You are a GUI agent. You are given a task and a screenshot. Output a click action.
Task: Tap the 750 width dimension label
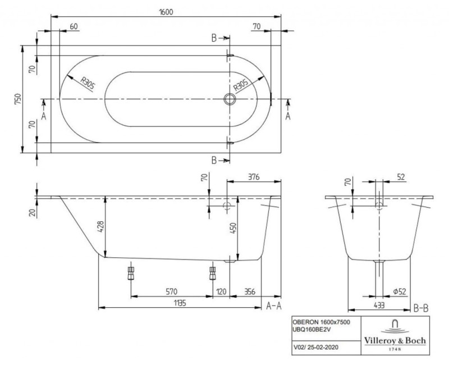[18, 99]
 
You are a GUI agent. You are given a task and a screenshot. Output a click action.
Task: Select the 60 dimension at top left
[74, 26]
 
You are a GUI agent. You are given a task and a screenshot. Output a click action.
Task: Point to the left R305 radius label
[87, 84]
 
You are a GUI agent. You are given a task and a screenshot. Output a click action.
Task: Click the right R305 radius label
[241, 85]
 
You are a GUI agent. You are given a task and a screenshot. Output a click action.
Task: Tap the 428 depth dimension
[100, 226]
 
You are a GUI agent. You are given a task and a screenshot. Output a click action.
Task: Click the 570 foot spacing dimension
[172, 291]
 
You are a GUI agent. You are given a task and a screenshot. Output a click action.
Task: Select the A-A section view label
[273, 305]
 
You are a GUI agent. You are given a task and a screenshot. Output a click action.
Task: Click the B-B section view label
[422, 308]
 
